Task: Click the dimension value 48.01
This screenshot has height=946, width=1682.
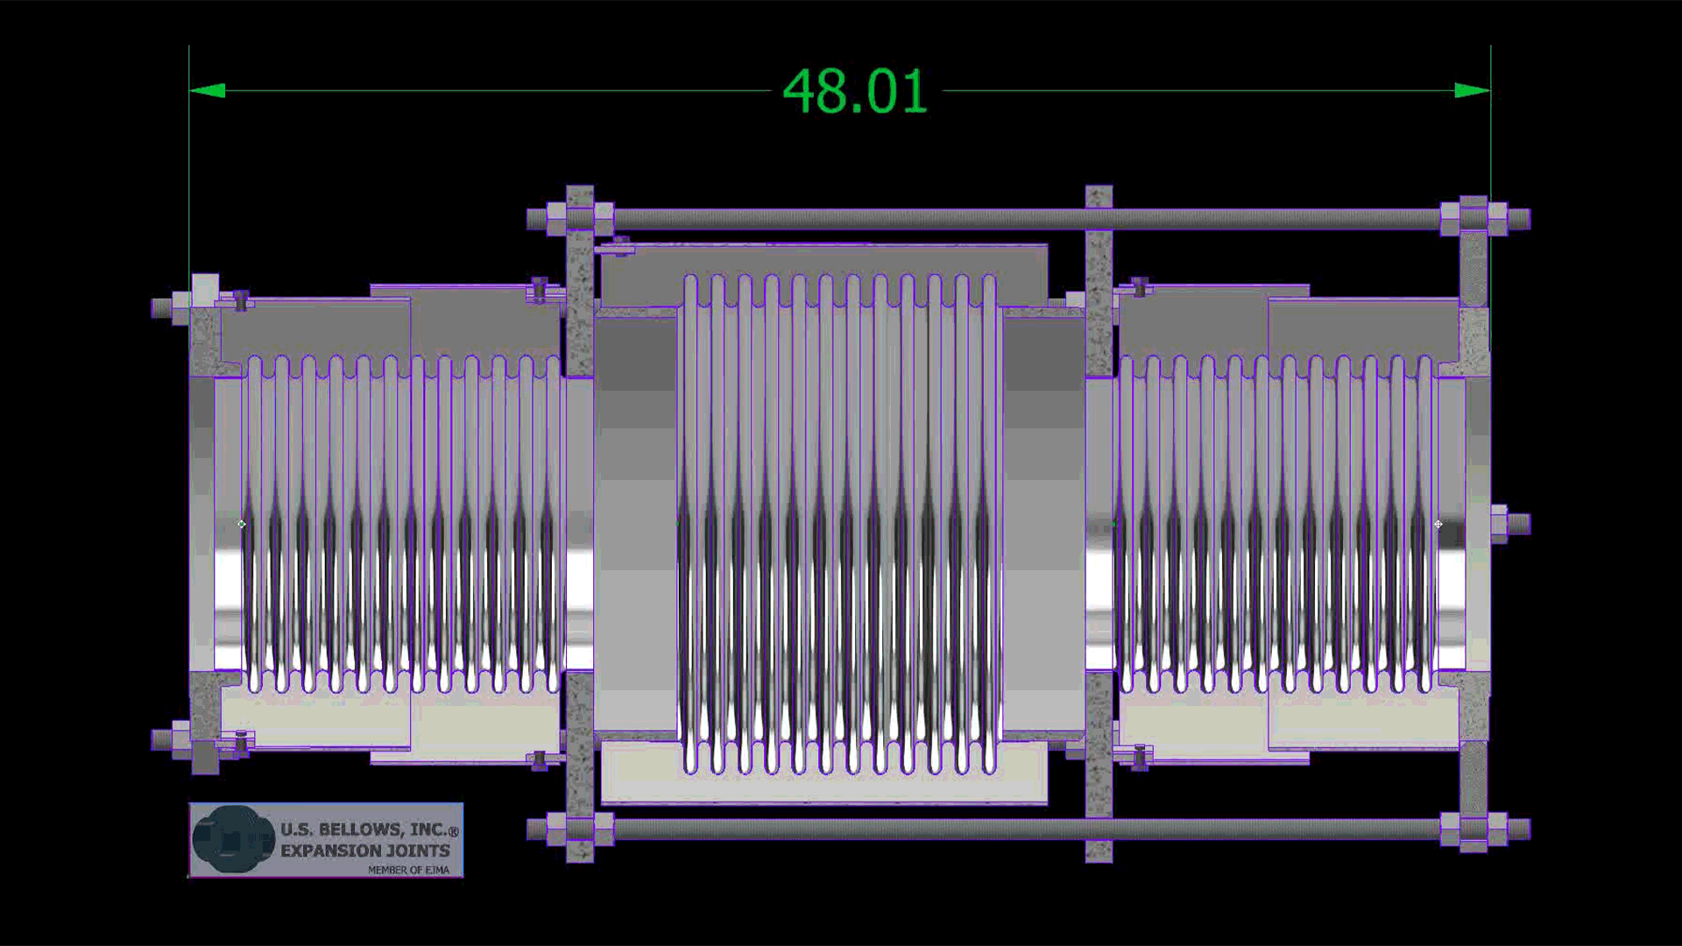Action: (854, 91)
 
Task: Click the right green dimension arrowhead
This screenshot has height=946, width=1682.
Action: (1473, 90)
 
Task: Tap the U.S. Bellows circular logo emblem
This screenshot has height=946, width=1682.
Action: (233, 840)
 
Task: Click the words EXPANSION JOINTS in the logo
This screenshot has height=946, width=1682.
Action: (365, 851)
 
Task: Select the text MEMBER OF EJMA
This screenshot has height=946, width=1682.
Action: (408, 870)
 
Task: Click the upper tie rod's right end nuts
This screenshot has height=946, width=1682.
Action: (1474, 218)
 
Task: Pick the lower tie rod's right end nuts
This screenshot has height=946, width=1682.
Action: (1474, 829)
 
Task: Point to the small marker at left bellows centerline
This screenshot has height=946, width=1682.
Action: (242, 524)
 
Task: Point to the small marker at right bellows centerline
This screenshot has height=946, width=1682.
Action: (1438, 524)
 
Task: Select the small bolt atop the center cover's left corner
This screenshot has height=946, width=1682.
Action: (619, 246)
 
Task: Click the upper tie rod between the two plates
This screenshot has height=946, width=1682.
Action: (841, 218)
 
